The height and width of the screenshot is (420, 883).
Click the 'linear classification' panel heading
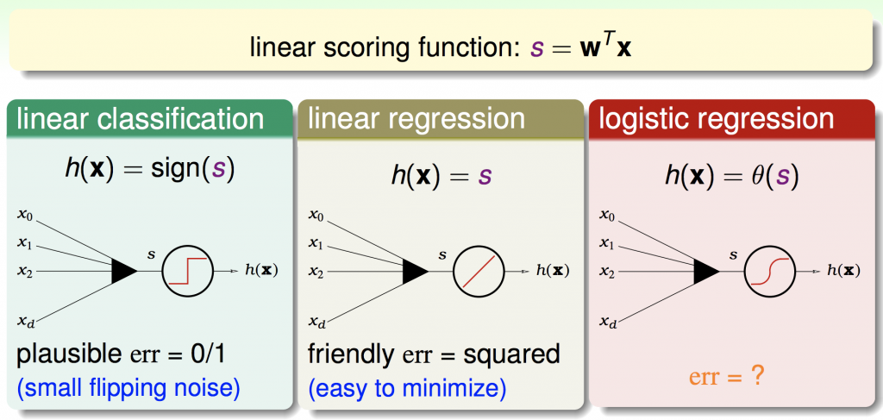[141, 119]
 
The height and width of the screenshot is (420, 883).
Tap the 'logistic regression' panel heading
[718, 119]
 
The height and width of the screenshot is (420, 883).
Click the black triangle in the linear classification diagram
[124, 270]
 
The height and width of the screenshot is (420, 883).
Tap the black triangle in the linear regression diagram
[416, 270]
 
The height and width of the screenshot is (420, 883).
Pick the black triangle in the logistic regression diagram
[705, 270]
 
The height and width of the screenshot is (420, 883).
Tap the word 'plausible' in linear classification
[59, 354]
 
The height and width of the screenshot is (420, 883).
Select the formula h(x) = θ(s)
[731, 176]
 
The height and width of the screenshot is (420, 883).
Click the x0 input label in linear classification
[26, 213]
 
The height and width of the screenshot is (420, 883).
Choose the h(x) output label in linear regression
[552, 270]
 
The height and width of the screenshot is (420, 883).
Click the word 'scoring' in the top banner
[354, 47]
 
